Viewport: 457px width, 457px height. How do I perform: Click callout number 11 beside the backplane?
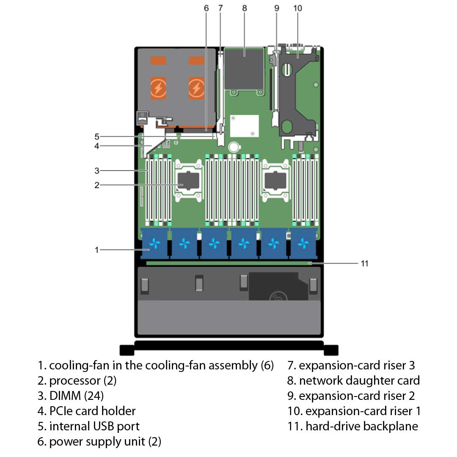364,263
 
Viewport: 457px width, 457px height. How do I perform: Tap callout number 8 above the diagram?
245,8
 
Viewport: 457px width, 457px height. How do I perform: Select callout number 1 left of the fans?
97,250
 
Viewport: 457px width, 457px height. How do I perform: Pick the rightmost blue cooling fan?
303,243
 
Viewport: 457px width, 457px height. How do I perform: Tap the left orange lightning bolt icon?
159,88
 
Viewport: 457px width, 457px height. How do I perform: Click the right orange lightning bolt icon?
196,88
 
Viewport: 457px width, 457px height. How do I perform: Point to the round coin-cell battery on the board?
233,147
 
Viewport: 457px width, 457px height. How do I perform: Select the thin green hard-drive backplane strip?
228,263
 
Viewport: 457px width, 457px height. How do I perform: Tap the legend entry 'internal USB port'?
94,426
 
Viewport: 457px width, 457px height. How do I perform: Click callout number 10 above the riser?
297,8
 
